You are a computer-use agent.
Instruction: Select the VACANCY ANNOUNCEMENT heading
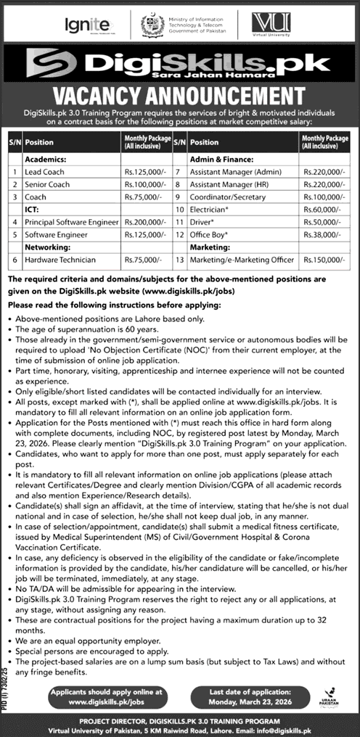click(180, 96)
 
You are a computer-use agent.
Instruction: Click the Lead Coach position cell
click(46, 172)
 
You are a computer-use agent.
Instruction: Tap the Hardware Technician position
click(60, 259)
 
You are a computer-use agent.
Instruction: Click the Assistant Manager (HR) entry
click(224, 184)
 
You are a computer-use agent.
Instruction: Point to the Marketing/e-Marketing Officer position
click(241, 259)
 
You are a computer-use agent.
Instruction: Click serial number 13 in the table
click(178, 259)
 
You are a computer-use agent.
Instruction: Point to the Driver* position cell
click(202, 222)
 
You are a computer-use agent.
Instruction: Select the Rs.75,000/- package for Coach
click(142, 197)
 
